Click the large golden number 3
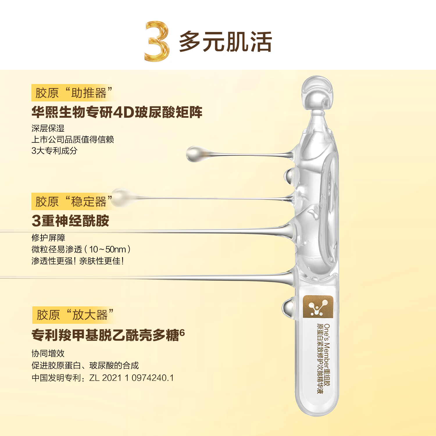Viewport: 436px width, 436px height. (x=157, y=41)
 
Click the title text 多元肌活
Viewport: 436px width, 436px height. (x=225, y=42)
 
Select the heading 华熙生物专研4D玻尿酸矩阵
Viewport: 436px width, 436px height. (x=117, y=112)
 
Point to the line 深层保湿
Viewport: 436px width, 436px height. (x=48, y=128)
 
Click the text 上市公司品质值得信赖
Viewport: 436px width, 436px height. (x=73, y=140)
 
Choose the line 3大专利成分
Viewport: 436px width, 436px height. (x=54, y=151)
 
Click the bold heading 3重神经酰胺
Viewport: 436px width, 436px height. (x=70, y=221)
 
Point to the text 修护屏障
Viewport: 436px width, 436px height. (x=48, y=238)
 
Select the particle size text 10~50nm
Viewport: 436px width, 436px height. (x=108, y=249)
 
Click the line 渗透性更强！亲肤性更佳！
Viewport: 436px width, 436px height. (x=78, y=261)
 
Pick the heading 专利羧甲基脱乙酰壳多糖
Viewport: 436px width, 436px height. (x=105, y=335)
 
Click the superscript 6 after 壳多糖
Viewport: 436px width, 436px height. (x=182, y=332)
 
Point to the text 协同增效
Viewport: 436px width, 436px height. (x=48, y=353)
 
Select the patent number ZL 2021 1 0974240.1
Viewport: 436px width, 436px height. (x=131, y=378)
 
